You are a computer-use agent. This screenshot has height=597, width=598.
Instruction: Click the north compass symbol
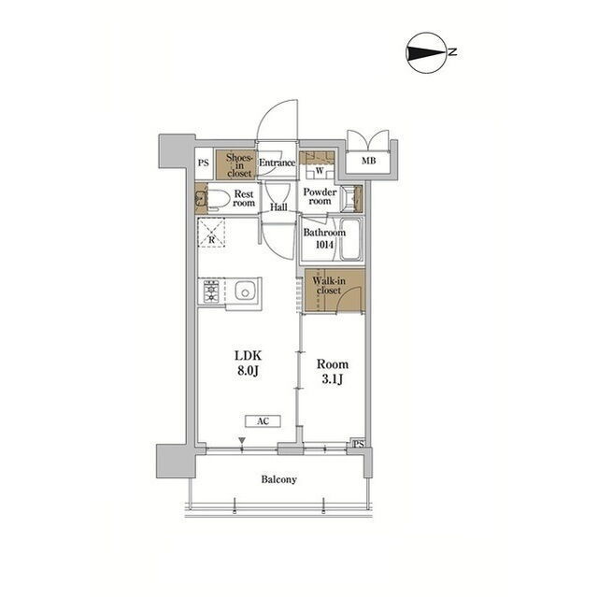coord(426,52)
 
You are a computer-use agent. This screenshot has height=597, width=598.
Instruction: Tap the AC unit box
coord(263,420)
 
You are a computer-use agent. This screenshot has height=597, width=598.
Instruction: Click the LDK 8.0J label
coord(248,362)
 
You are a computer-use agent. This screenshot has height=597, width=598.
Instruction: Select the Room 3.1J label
coord(333,372)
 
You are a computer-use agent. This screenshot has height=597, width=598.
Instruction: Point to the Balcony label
coord(278,479)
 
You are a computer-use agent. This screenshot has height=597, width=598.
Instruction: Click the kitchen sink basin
coord(245,292)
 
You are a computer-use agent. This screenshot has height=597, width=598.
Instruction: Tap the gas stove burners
coord(211,291)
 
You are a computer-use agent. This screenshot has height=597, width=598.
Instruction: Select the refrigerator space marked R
coord(211,233)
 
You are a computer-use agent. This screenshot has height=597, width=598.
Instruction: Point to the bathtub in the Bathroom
coord(350,239)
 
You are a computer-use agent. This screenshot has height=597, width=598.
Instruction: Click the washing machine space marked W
coord(320,170)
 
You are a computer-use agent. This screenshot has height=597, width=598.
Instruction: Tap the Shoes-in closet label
coord(239,165)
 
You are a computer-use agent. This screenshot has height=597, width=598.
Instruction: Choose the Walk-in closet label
coord(329,286)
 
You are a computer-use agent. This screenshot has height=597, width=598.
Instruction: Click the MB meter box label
coord(369,161)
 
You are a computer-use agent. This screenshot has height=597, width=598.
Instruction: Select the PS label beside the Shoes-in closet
coord(204,163)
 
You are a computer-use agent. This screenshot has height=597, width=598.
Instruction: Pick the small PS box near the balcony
coord(358,444)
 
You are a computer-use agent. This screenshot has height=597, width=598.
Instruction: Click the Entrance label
coord(277,163)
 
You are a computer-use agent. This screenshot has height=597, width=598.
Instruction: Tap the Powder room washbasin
coord(351,198)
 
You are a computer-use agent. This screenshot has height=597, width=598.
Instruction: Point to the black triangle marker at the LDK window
coord(242,440)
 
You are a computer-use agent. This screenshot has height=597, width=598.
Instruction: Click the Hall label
coord(278,207)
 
